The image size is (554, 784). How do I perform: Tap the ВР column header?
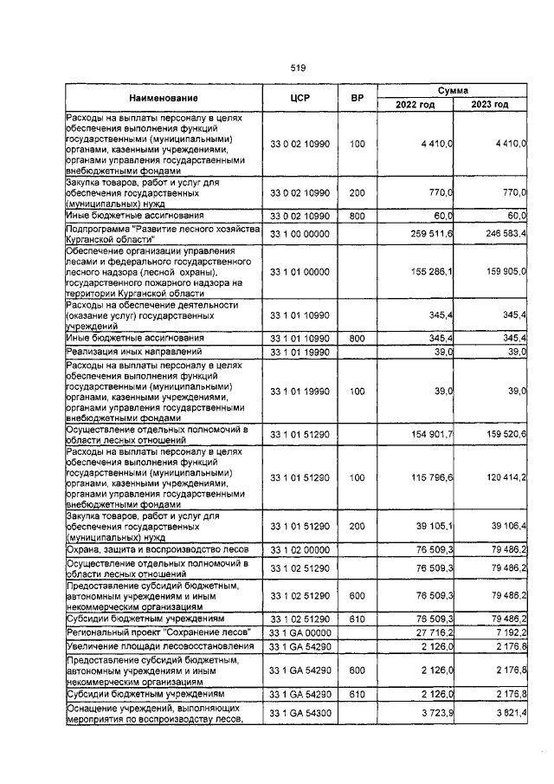(357, 98)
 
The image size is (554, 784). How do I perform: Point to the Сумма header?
(452, 90)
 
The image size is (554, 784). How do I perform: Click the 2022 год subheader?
(415, 105)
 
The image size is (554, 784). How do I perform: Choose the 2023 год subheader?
(490, 105)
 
